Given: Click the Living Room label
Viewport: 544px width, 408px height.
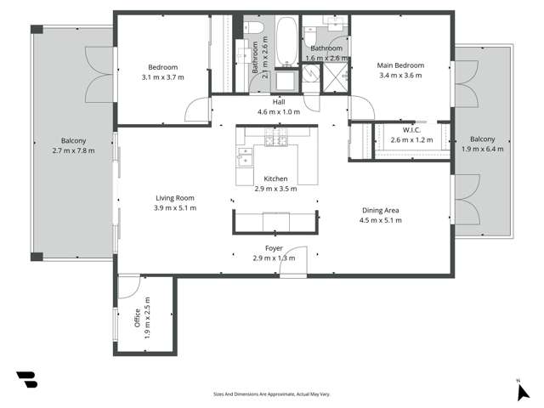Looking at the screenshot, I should (x=175, y=197).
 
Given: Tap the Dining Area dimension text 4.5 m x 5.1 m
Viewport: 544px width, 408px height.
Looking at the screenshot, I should (x=381, y=220).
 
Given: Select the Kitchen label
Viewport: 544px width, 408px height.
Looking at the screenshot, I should (x=275, y=178).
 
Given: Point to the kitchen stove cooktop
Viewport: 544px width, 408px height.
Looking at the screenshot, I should (x=275, y=139).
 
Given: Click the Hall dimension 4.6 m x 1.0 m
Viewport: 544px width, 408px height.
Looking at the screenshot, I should (x=280, y=111).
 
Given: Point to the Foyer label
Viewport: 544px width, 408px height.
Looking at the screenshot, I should (x=274, y=248).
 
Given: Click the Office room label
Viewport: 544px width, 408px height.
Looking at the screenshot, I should (x=135, y=318).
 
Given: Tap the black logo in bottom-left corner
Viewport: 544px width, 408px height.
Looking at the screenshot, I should (x=26, y=380).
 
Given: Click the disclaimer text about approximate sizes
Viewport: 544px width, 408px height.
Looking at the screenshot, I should (x=271, y=394).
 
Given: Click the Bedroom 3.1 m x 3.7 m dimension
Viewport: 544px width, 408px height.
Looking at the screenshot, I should (x=162, y=76).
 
